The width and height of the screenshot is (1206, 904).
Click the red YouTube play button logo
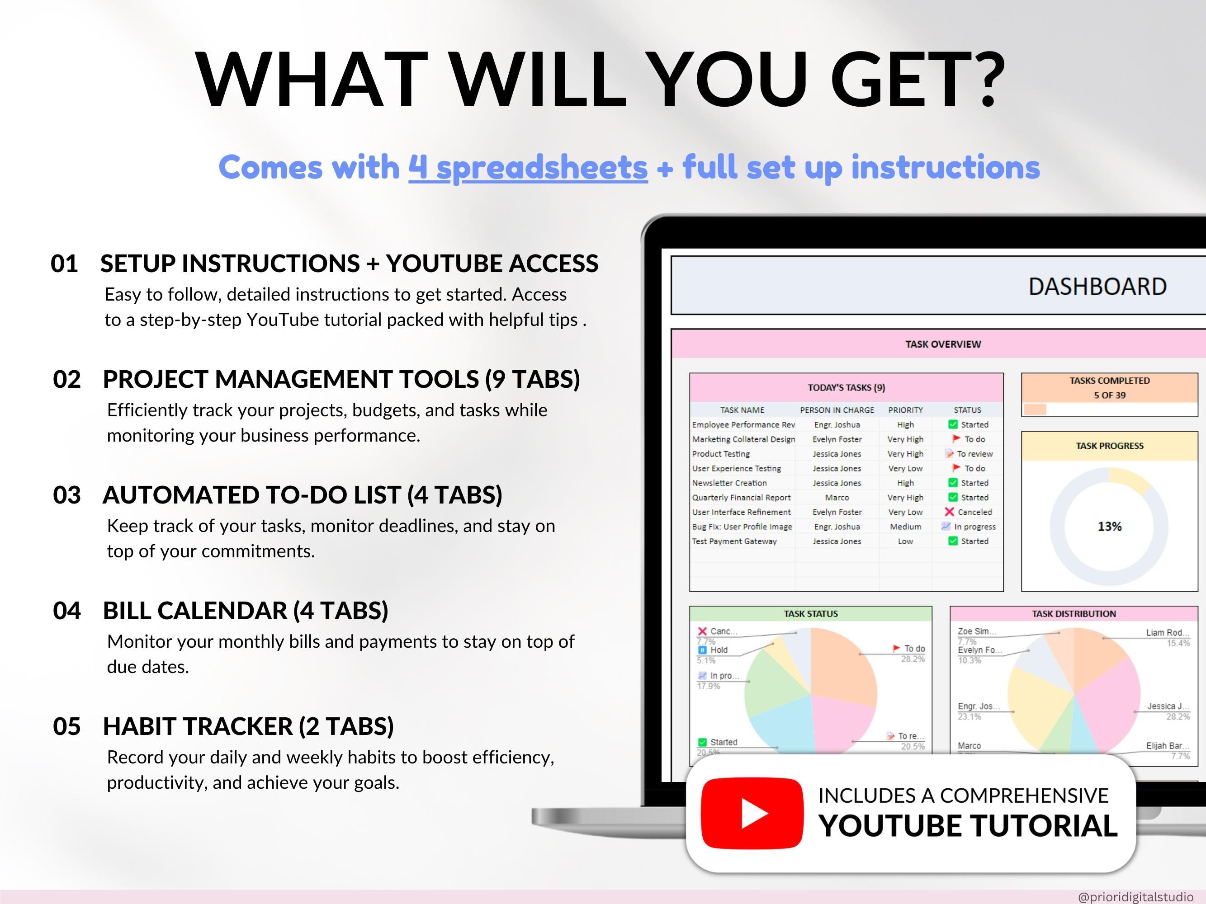click(752, 813)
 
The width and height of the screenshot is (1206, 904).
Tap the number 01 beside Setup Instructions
click(64, 264)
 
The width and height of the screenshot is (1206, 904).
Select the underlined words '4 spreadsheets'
click(528, 167)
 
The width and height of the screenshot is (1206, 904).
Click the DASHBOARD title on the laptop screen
click(1097, 287)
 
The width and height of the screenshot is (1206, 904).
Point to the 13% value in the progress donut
click(1110, 527)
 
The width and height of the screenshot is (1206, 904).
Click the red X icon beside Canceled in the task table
click(949, 512)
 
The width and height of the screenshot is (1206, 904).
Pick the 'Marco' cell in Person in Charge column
click(837, 498)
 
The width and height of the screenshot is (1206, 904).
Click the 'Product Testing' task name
click(721, 454)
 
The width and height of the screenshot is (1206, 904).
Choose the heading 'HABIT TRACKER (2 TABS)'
click(248, 726)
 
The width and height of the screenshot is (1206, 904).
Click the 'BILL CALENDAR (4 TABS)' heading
click(246, 611)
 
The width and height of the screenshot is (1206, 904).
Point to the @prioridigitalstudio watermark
click(1135, 896)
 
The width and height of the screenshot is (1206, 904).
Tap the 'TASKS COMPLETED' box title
click(1110, 380)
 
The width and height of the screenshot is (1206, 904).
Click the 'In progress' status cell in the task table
click(974, 527)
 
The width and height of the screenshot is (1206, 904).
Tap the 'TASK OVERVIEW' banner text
click(943, 344)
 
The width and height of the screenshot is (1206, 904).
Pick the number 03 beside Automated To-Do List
click(66, 495)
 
